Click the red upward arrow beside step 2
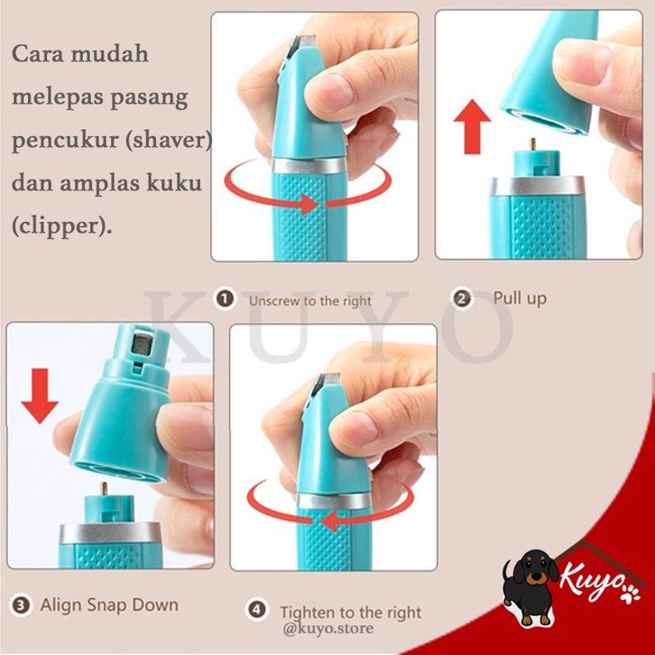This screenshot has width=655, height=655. [472, 126]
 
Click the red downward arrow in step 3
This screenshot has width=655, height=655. [40, 396]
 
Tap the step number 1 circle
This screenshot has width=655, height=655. [226, 300]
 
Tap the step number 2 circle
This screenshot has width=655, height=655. [462, 300]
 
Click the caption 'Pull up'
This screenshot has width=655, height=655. [520, 299]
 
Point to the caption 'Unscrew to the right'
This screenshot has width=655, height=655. [310, 300]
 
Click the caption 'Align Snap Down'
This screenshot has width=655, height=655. [109, 604]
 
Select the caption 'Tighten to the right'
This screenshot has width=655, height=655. [350, 613]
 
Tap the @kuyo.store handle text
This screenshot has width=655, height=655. [327, 628]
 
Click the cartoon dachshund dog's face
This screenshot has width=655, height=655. [531, 571]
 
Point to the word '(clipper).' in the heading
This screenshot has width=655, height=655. [62, 226]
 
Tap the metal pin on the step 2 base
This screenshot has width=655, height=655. [532, 144]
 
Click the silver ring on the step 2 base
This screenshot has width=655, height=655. [537, 186]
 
